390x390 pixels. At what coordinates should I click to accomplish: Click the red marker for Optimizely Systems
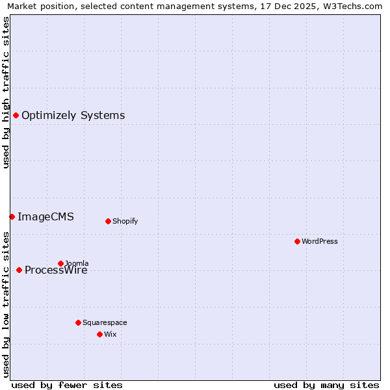(16, 115)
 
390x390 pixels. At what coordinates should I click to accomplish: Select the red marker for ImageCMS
(12, 216)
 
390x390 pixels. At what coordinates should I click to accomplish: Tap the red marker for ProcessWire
(19, 270)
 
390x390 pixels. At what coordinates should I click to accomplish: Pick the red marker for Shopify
(108, 221)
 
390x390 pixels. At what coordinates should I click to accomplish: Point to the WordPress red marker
(297, 241)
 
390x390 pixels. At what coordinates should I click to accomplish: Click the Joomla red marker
(60, 263)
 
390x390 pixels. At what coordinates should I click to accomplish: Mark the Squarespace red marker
(78, 322)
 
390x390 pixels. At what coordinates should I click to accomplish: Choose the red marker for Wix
(99, 334)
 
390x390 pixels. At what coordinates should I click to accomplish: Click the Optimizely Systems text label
(73, 116)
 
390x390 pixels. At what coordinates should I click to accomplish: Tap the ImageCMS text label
(45, 217)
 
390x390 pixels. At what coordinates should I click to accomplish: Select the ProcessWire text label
(56, 270)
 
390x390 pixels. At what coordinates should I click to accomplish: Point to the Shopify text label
(125, 221)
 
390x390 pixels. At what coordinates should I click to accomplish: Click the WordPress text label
(319, 241)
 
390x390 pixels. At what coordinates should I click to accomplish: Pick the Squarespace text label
(105, 322)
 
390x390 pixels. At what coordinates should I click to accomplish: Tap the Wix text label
(110, 334)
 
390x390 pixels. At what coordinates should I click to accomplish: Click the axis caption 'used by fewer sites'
(67, 385)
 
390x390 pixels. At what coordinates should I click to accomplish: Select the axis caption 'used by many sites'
(326, 385)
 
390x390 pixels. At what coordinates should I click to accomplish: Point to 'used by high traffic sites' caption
(6, 92)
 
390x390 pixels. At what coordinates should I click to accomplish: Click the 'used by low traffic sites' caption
(6, 304)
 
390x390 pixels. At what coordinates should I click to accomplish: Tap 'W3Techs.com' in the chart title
(351, 6)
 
